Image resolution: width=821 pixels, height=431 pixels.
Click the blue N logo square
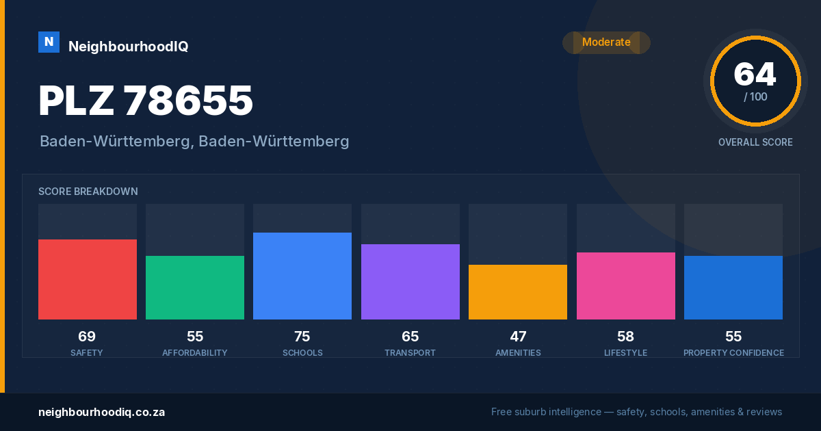49,42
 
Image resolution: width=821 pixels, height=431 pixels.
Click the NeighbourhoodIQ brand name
129,47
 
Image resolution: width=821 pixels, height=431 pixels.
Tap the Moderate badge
606,42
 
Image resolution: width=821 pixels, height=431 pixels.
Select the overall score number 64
755,74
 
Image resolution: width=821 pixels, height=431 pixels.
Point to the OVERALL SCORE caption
755,142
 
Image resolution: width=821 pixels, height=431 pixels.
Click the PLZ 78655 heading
146,101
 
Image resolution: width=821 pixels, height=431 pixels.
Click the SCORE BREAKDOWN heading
88,192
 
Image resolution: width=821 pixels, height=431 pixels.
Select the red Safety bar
88,279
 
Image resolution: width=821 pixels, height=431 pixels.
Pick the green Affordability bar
195,288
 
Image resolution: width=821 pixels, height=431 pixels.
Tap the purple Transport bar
410,282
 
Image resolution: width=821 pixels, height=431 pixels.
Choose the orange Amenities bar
518,292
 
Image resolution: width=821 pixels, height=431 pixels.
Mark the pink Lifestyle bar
626,286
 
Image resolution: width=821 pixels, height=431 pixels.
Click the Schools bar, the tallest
302,276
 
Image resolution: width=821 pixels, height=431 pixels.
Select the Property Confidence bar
733,288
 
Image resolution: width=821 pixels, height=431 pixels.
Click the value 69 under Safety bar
87,337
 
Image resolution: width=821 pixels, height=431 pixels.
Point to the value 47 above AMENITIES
519,337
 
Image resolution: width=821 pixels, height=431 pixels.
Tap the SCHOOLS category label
302,352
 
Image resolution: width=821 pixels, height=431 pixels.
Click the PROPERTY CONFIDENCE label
733,352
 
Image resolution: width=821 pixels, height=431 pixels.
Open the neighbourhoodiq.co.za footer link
102,413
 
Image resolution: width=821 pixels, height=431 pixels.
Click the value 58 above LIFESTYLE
625,337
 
